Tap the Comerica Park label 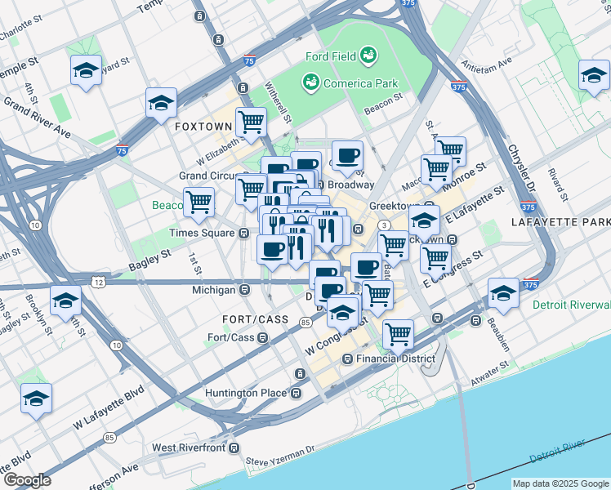pos(359,83)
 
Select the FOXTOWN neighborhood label pos(203,127)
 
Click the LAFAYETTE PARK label pos(560,222)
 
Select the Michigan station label pos(214,290)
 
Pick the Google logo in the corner pos(27,480)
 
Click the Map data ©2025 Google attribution pos(561,483)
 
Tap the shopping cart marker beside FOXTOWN pos(251,122)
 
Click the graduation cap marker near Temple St pos(85,71)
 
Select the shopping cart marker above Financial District pos(398,333)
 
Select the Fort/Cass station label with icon pos(232,337)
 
